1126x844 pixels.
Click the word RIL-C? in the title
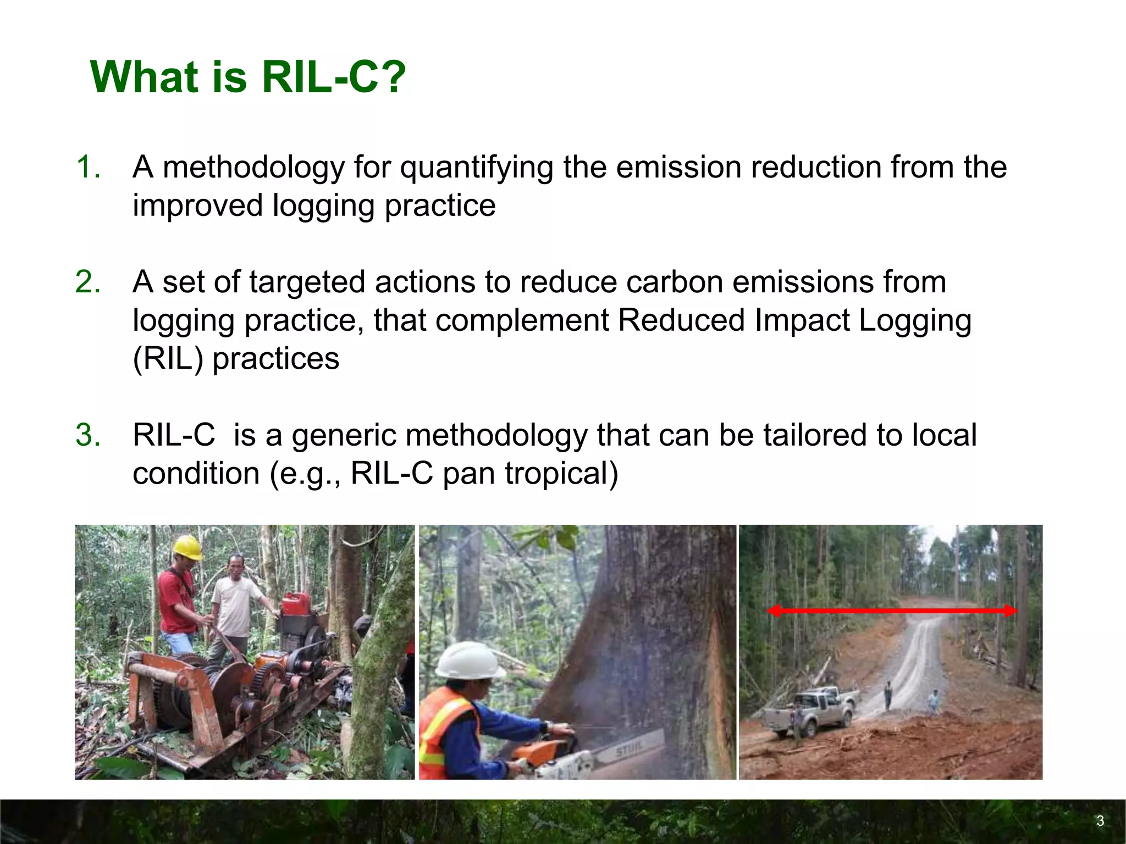(x=333, y=77)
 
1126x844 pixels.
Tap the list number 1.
(x=88, y=167)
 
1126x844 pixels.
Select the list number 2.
(x=88, y=282)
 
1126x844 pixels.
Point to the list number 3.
(x=88, y=435)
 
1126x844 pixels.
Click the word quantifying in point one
(x=476, y=168)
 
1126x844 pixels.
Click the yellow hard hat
(x=187, y=547)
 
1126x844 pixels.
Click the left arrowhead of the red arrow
(x=774, y=611)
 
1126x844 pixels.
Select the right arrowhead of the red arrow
(x=1011, y=611)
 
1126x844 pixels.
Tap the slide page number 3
(x=1100, y=821)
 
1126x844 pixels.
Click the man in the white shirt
(x=235, y=599)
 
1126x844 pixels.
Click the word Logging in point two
(x=915, y=320)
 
